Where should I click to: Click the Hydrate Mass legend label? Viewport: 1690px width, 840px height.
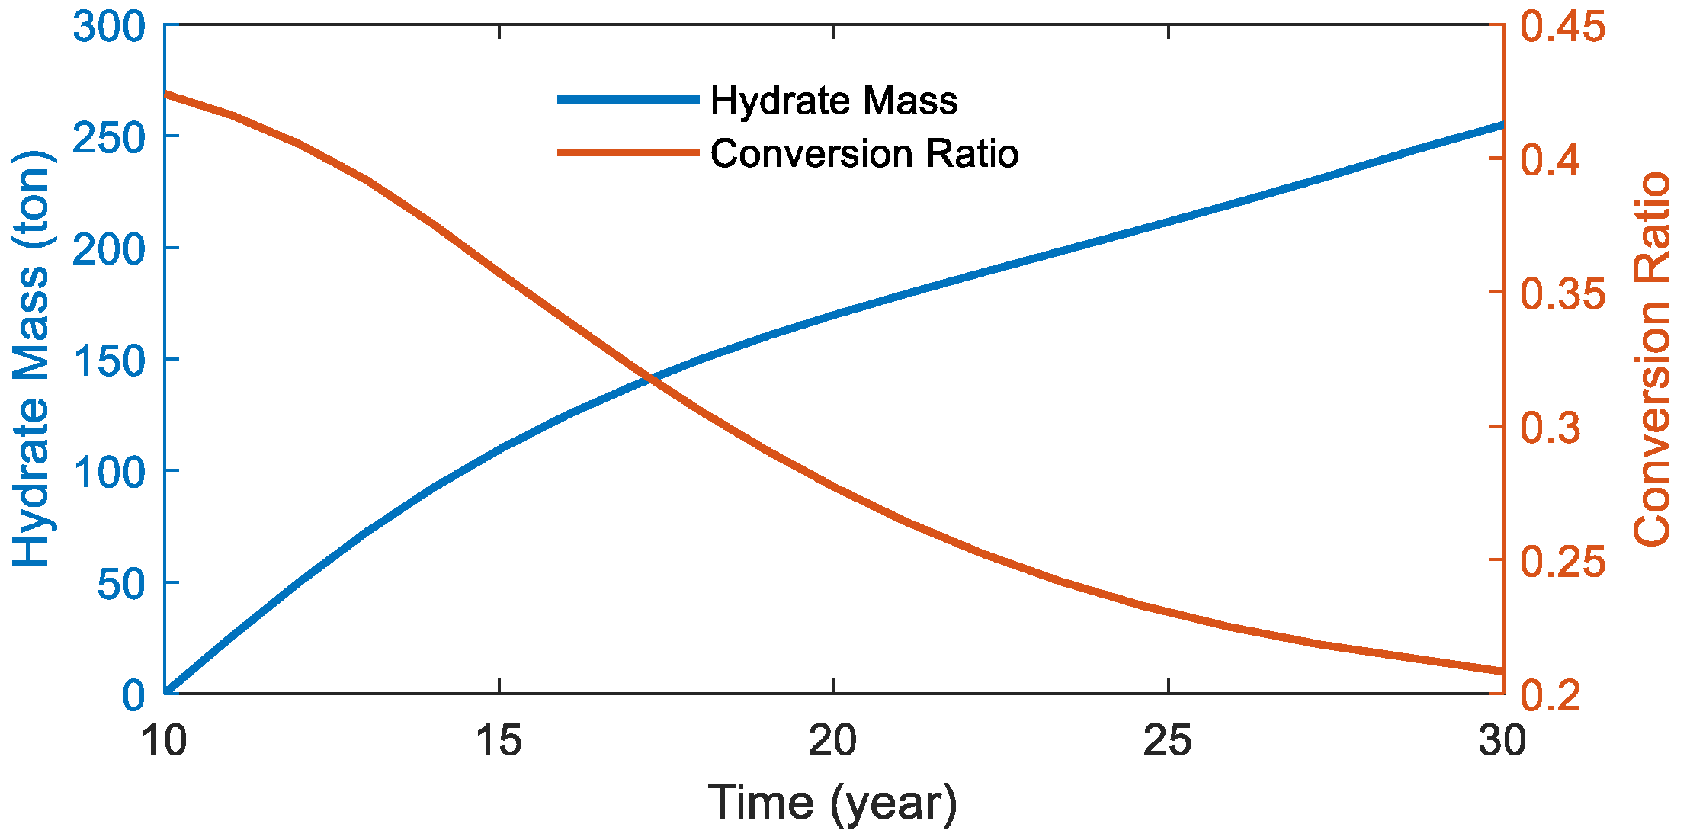click(833, 101)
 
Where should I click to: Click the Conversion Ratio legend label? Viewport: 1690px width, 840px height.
click(864, 154)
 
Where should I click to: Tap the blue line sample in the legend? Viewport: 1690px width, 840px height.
click(628, 100)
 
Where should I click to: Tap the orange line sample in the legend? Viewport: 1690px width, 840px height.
click(628, 152)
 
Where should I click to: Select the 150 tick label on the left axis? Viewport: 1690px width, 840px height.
click(108, 361)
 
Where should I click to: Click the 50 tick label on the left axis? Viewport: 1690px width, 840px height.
click(120, 584)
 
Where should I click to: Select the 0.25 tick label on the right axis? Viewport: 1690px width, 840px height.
click(1563, 562)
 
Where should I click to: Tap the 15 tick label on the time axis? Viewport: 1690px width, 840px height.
click(499, 741)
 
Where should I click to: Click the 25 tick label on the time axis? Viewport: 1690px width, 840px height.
click(1167, 741)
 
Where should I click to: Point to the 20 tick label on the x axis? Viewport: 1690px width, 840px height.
click(833, 741)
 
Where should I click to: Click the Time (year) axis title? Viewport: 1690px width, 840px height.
click(832, 803)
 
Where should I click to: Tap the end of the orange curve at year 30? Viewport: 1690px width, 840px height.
click(1502, 671)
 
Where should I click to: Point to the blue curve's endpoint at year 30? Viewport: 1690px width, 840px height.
click(1502, 125)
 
